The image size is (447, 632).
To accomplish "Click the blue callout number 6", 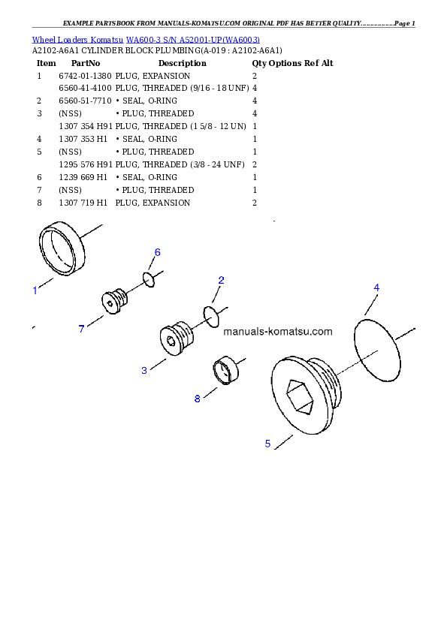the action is (x=157, y=252).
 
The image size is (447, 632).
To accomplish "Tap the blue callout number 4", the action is (x=376, y=287).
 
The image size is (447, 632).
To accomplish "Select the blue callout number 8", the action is (x=198, y=399).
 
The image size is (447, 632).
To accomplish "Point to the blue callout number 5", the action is (x=267, y=444).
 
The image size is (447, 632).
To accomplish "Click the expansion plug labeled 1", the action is (x=41, y=248).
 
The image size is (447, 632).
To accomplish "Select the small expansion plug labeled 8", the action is (x=225, y=370).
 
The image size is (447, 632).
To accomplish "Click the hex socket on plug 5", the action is (x=299, y=396).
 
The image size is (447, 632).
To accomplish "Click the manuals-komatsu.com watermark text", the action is (x=277, y=332).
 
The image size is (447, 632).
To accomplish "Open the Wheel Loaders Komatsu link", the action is (x=78, y=40).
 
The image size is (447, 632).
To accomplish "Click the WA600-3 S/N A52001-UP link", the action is (x=193, y=40).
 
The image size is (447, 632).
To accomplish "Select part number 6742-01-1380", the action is (x=85, y=76).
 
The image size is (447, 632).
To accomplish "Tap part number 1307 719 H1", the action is (x=83, y=203).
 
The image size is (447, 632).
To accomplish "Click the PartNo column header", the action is (x=86, y=63).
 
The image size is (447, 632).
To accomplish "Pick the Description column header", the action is (x=183, y=63).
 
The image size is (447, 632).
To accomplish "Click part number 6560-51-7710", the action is (x=85, y=101).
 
